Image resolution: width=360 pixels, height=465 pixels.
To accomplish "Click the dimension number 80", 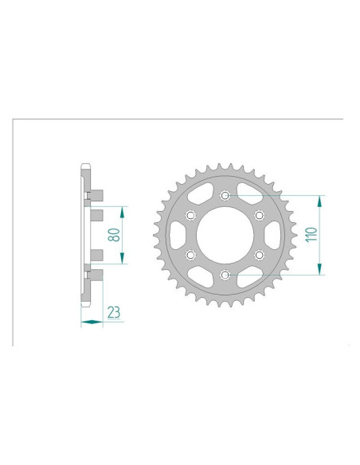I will tap(114, 235).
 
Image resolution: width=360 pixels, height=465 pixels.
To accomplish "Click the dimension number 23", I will tap(113, 312).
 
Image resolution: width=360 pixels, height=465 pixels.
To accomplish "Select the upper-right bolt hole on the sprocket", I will tap(259, 215).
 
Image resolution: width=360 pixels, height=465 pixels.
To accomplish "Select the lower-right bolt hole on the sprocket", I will tap(259, 255).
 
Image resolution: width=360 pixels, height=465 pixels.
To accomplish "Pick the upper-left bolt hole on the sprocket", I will tap(190, 215).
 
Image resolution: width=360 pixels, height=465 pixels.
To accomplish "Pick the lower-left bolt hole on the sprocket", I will tap(190, 255).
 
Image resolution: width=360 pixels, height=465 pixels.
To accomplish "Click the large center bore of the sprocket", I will tap(225, 235).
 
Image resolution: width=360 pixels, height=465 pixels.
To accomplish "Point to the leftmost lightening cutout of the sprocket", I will tap(176, 235).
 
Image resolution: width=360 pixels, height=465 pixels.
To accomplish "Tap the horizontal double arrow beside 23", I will tap(92, 322).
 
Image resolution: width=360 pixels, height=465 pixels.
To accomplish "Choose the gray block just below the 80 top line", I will tap(96, 215).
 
